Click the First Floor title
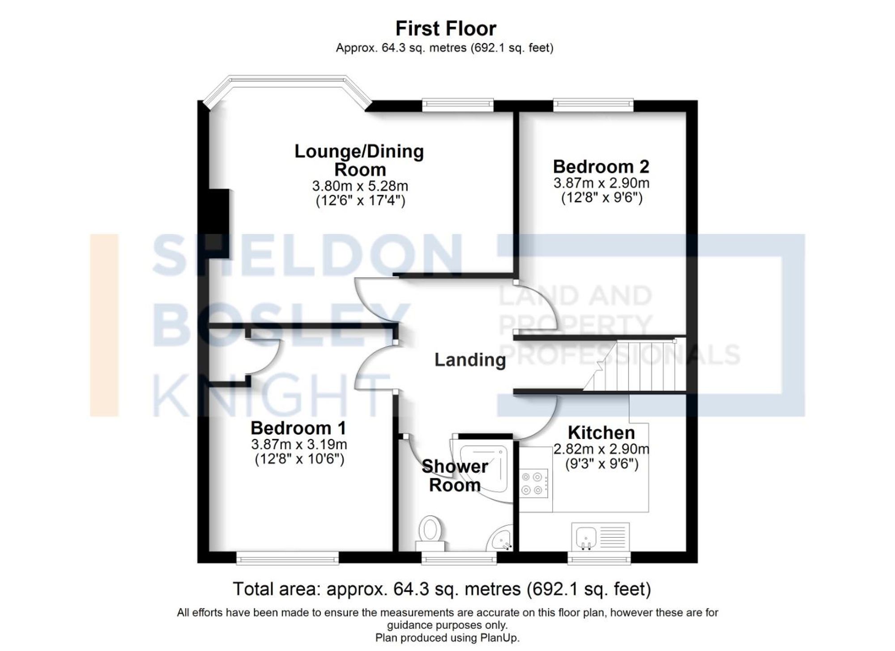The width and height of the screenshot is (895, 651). coord(446,29)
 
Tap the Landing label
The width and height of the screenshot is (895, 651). coord(470,360)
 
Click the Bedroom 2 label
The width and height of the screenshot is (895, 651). coord(601,167)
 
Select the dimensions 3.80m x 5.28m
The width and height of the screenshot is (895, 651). coord(360,186)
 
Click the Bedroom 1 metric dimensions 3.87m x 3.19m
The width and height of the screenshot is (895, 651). coord(299,444)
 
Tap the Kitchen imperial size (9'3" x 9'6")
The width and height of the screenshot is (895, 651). coord(601,464)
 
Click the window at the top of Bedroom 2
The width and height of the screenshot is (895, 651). coord(593,105)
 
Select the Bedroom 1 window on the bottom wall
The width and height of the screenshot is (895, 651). coord(287,558)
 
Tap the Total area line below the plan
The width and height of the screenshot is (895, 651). coord(442,589)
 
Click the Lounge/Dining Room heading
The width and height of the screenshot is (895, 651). coord(359,160)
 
